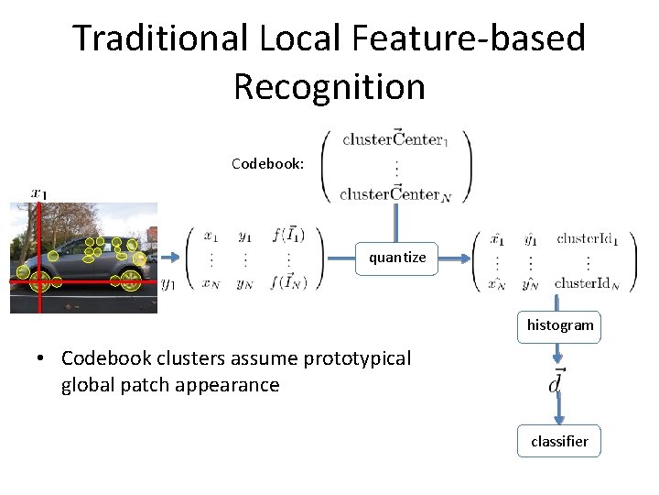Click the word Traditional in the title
pos(160,38)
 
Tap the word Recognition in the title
pos(329,86)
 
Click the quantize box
pos(397,258)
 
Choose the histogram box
pos(559,325)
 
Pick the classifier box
pos(559,441)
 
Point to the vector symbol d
pos(556,380)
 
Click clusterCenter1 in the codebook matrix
pos(396,140)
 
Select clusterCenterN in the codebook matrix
pos(396,193)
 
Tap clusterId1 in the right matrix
pos(586,239)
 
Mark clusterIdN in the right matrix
pos(586,284)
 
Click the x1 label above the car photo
pos(39,192)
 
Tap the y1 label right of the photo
pos(168,283)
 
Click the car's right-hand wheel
pos(131,280)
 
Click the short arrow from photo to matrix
pos(169,258)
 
